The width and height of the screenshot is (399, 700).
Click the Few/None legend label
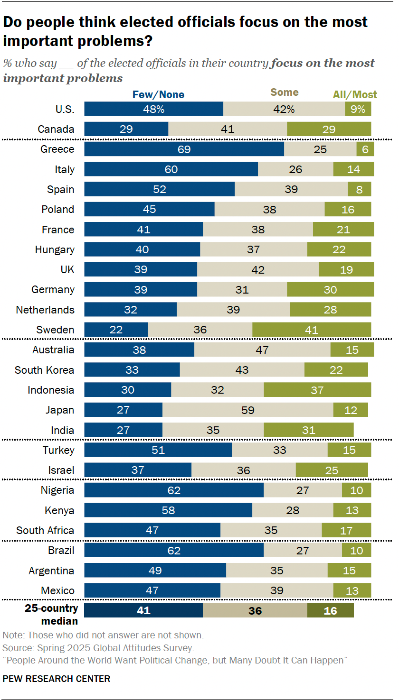point(158,95)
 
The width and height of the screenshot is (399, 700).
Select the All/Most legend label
point(355,95)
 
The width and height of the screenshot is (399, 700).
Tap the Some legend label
point(285,92)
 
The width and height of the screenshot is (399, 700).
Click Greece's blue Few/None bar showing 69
point(184,149)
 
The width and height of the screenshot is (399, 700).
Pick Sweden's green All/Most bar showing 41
point(311,330)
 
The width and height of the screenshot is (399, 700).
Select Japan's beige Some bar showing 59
point(247,410)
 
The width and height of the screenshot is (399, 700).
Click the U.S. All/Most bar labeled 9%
point(358,109)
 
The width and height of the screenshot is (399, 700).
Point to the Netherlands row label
point(45,310)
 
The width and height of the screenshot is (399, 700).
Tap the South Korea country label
point(44,370)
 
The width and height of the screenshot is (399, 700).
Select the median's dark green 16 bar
point(330,611)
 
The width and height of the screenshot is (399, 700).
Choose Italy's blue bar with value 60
point(171,169)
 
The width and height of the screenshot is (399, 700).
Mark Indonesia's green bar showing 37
point(317,390)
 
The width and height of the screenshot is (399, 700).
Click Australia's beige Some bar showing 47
point(262,350)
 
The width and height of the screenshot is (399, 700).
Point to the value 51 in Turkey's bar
point(158,450)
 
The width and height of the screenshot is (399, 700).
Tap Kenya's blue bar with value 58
point(168,510)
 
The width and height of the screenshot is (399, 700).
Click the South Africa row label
point(45,530)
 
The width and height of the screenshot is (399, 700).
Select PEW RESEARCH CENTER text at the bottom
point(57,679)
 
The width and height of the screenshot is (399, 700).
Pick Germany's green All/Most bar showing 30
point(330,289)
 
